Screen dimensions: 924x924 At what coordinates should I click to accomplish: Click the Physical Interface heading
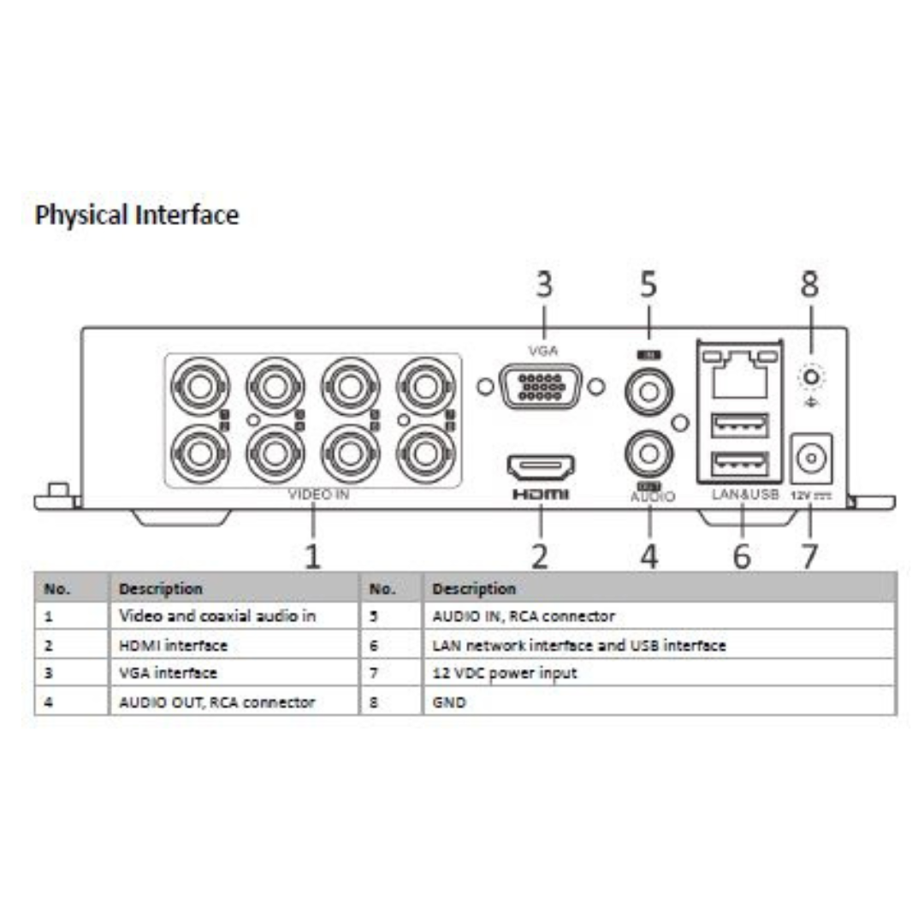[x=137, y=215]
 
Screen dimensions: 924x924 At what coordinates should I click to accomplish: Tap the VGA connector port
[x=541, y=386]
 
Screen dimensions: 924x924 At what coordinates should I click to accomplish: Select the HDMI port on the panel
[x=541, y=467]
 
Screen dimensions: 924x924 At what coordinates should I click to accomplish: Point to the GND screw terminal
[x=809, y=376]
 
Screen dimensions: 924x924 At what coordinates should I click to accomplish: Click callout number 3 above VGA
[x=544, y=286]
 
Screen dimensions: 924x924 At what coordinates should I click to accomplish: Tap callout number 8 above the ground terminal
[x=809, y=286]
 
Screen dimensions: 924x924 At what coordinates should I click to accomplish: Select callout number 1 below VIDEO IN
[x=314, y=556]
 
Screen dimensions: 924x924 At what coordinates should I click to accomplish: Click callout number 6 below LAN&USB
[x=742, y=556]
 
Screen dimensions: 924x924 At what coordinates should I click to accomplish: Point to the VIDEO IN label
[x=318, y=495]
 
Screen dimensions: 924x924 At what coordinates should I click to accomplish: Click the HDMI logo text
[x=541, y=495]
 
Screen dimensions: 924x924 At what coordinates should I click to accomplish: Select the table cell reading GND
[x=443, y=702]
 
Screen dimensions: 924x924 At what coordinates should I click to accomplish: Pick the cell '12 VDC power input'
[x=505, y=673]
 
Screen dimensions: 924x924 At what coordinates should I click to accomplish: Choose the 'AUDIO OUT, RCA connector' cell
[x=217, y=702]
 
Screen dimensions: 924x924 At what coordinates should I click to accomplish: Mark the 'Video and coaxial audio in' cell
[x=217, y=616]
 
